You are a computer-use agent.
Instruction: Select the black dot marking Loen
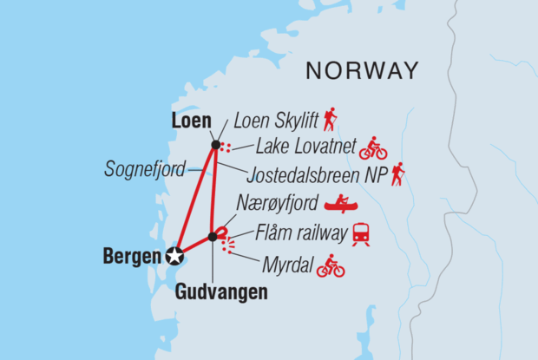[214, 144]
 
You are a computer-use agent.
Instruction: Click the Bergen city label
[132, 256]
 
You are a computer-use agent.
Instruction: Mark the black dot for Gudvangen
[212, 236]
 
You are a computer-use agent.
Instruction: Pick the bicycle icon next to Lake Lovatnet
[373, 148]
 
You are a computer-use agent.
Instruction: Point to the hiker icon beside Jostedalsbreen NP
[397, 174]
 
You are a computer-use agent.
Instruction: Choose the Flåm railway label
[301, 232]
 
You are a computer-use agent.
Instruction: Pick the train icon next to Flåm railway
[361, 232]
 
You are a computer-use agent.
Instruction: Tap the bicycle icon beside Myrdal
[331, 265]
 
